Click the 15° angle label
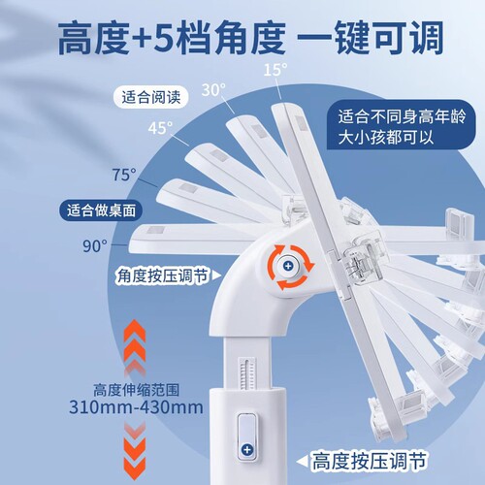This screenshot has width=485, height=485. [275, 70]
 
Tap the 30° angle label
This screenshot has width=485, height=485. [213, 89]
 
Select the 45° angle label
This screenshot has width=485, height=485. [161, 128]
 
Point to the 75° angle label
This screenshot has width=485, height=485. [124, 175]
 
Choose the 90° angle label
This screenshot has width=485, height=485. [95, 245]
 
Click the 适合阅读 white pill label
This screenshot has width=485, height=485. [151, 97]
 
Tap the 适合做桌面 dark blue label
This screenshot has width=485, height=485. [101, 210]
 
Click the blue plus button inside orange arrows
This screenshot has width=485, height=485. [288, 266]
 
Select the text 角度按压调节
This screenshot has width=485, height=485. [162, 275]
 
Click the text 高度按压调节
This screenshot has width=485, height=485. [369, 461]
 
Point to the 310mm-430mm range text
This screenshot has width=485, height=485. [136, 407]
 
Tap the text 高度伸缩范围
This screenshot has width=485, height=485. [136, 390]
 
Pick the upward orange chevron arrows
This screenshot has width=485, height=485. [135, 347]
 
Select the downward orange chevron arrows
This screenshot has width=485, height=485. [135, 451]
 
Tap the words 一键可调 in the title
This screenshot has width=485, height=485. [371, 37]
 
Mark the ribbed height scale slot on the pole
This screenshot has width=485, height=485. [247, 372]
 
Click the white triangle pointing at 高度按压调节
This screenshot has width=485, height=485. [303, 462]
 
